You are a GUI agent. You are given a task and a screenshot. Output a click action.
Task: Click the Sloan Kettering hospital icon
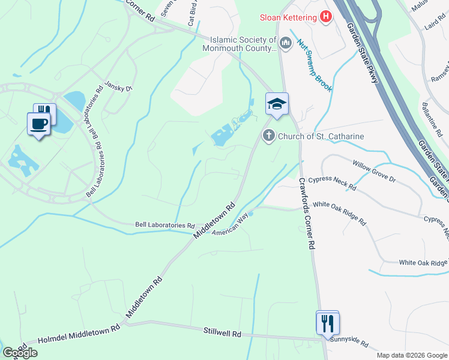(326, 17)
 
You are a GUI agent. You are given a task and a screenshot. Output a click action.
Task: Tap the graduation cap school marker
(277, 104)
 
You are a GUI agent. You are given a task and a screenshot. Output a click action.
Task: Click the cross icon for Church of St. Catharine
(268, 136)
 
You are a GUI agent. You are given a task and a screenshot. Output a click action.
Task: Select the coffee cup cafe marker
(39, 124)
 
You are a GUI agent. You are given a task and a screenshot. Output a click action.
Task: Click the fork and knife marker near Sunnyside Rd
(328, 323)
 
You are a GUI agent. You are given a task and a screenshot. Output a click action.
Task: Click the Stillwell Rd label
(222, 332)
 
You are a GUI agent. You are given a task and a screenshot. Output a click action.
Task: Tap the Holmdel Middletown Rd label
(79, 334)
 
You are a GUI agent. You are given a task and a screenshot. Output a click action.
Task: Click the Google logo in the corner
(20, 353)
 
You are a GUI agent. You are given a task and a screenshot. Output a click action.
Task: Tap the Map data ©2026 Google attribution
(412, 355)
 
